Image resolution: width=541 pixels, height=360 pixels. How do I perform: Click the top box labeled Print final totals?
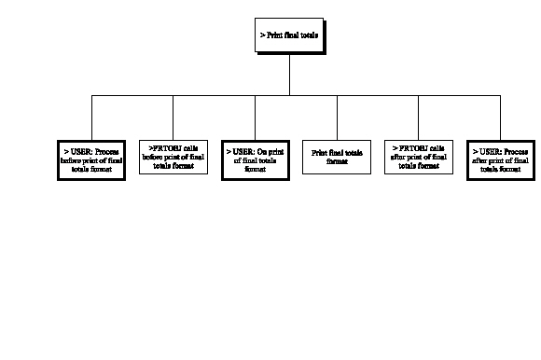(291, 36)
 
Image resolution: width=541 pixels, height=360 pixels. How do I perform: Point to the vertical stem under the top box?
(291, 75)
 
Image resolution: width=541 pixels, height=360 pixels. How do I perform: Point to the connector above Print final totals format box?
(337, 116)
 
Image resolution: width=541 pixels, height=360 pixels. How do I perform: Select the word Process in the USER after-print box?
(516, 149)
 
